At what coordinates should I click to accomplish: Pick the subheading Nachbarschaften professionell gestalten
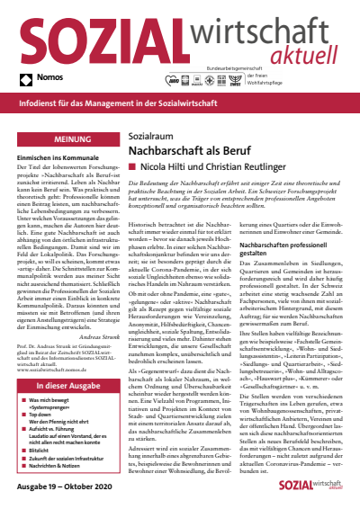pos(280,268)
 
